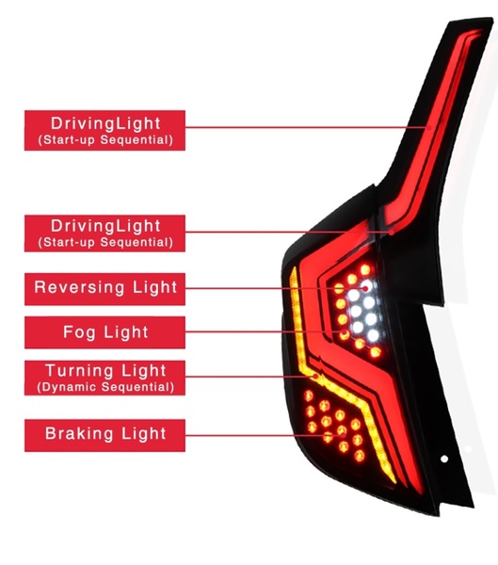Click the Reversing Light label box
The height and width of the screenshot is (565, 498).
[104, 289]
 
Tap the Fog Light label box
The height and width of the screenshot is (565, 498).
[104, 332]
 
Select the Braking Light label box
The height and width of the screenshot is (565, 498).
[104, 435]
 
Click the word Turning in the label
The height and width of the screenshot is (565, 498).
[80, 371]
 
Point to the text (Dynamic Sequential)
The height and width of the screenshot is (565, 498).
[105, 387]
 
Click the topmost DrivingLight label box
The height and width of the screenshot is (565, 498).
[104, 131]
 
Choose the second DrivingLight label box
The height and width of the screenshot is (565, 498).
[104, 234]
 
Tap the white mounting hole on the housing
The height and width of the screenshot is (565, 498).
[444, 459]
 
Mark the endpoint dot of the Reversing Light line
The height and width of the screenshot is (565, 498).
[365, 288]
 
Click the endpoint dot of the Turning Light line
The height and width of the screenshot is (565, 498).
[316, 376]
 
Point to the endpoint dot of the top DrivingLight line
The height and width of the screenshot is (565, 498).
[429, 127]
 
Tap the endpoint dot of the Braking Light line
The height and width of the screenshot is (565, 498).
[343, 436]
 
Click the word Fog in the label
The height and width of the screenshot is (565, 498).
[80, 332]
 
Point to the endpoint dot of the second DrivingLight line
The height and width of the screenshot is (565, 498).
[392, 233]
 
